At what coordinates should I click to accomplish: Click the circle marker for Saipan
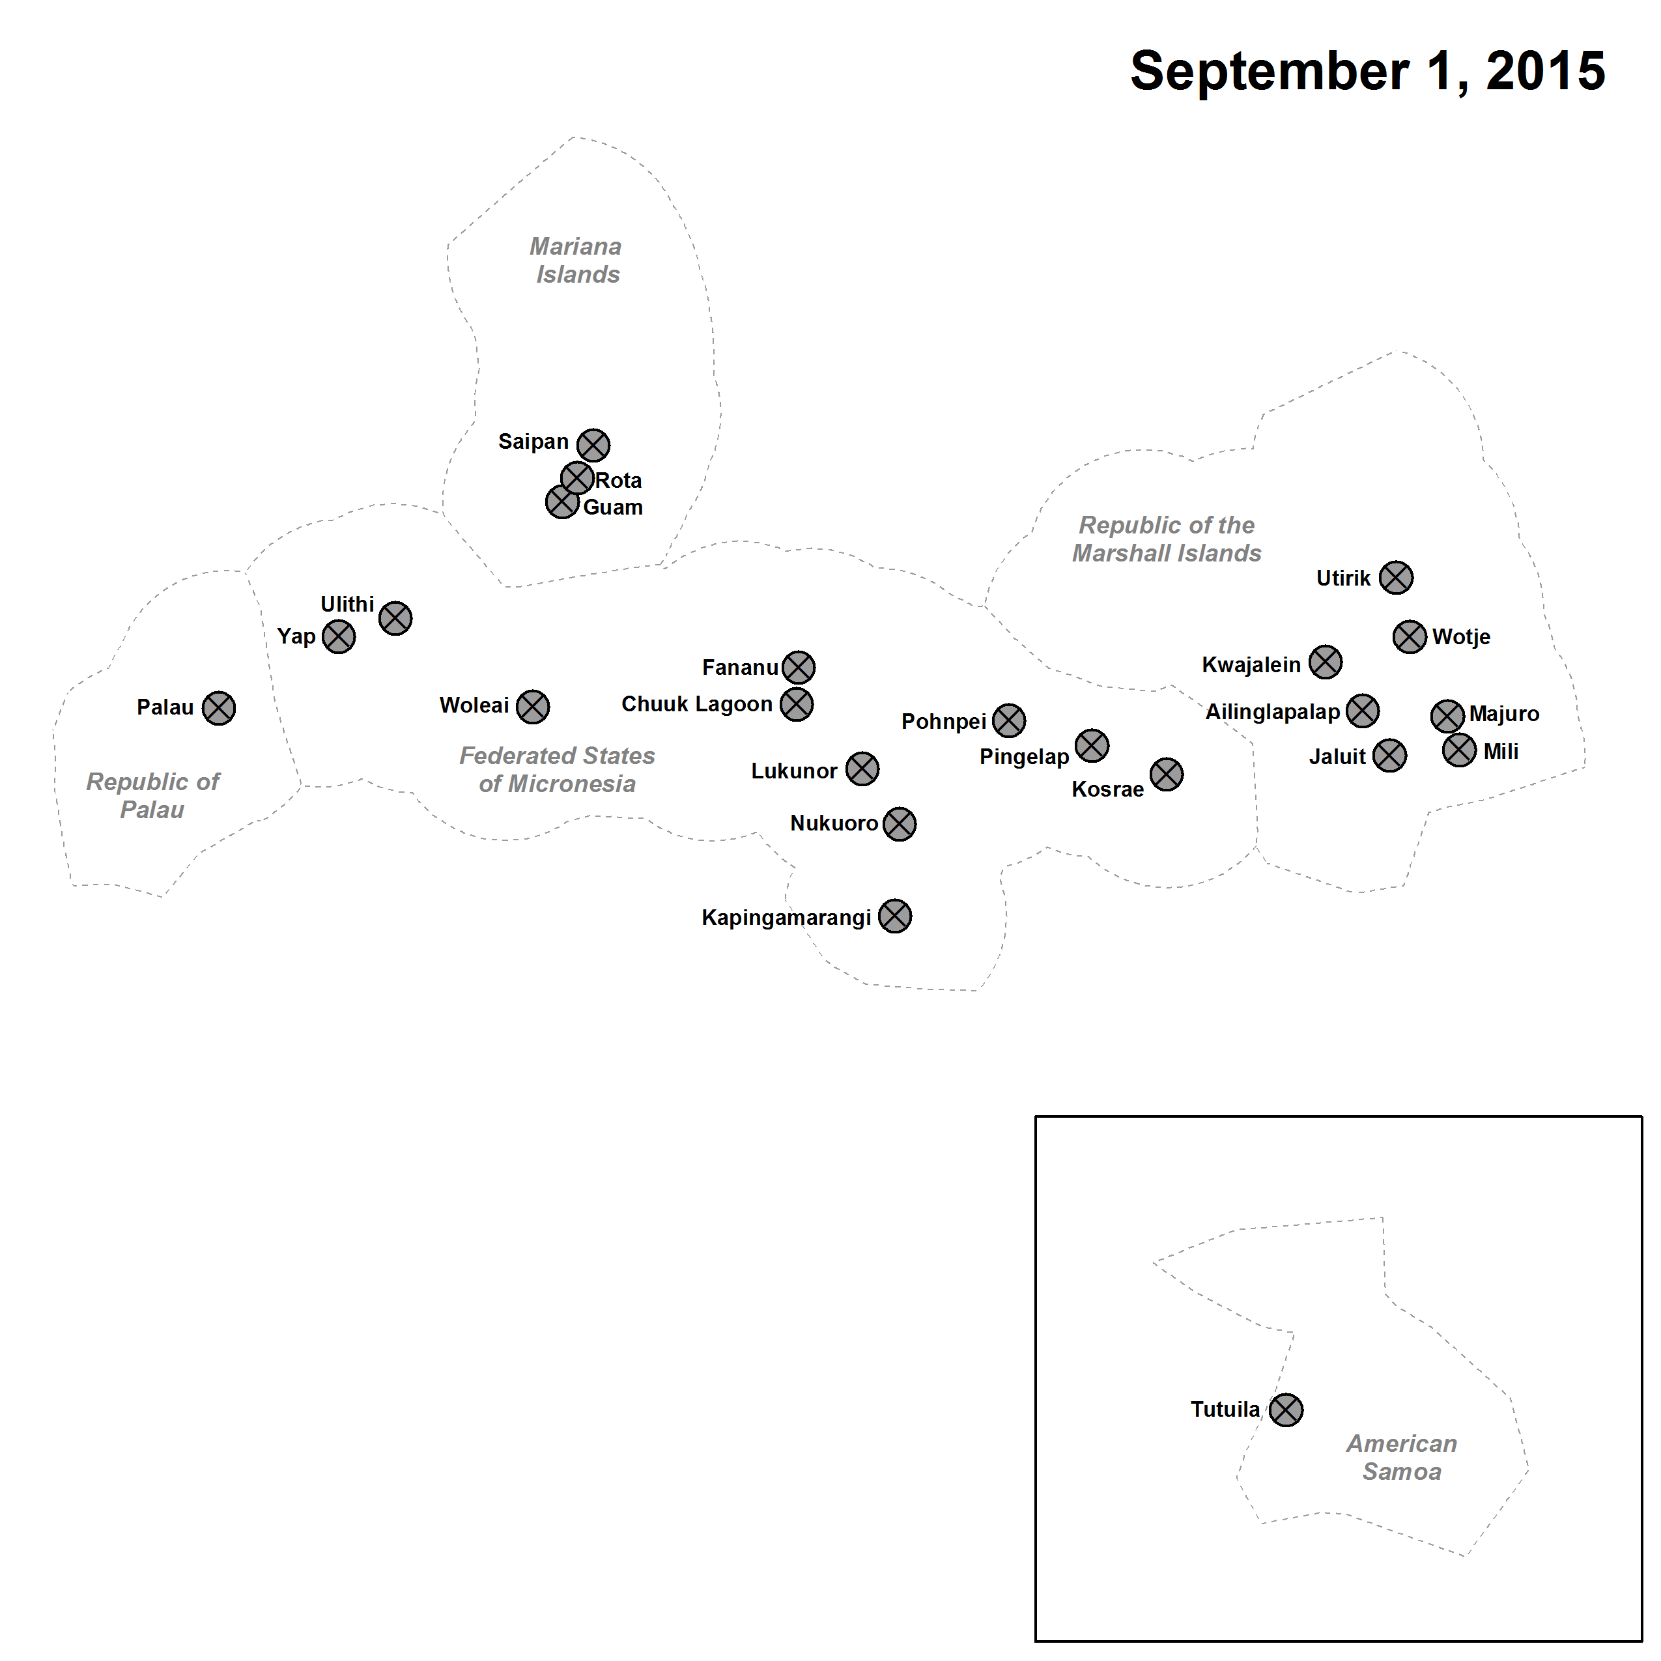pyautogui.click(x=593, y=446)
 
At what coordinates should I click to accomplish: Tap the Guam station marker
pyautogui.click(x=562, y=502)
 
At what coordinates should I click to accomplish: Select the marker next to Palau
pyautogui.click(x=218, y=709)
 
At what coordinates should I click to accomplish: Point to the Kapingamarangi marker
pyautogui.click(x=895, y=916)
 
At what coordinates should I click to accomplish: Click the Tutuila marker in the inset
pyautogui.click(x=1286, y=1410)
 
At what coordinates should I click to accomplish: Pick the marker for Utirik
pyautogui.click(x=1396, y=578)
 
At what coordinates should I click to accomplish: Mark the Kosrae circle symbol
pyautogui.click(x=1167, y=774)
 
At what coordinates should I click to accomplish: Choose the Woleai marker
pyautogui.click(x=533, y=707)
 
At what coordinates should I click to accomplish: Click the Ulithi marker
pyautogui.click(x=395, y=618)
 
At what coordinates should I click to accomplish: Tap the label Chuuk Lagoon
pyautogui.click(x=697, y=704)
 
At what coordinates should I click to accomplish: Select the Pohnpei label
pyautogui.click(x=944, y=721)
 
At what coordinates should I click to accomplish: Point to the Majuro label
pyautogui.click(x=1505, y=713)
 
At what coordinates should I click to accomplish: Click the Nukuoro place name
pyautogui.click(x=834, y=823)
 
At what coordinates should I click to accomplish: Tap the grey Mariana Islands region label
pyautogui.click(x=576, y=261)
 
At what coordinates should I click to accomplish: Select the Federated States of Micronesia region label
pyautogui.click(x=557, y=769)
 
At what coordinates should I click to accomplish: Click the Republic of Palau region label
pyautogui.click(x=153, y=796)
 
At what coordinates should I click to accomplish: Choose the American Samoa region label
pyautogui.click(x=1402, y=1457)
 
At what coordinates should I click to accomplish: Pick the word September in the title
pyautogui.click(x=1270, y=72)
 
